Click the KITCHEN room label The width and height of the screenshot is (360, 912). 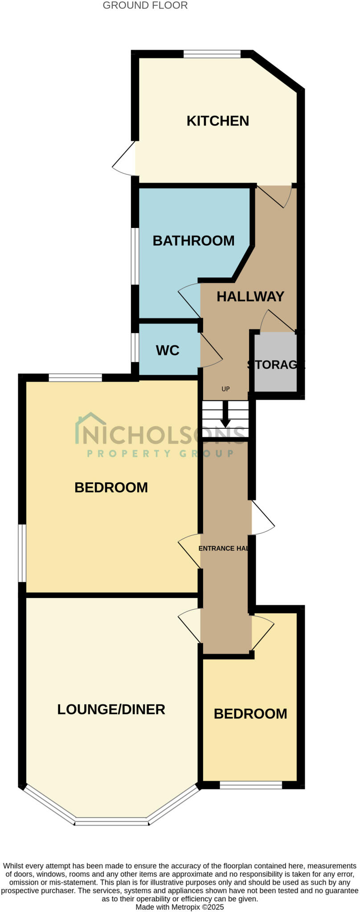pyautogui.click(x=217, y=121)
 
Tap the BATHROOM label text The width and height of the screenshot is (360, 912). pyautogui.click(x=193, y=240)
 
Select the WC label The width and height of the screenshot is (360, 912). pyautogui.click(x=168, y=350)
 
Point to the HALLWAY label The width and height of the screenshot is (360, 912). pyautogui.click(x=250, y=296)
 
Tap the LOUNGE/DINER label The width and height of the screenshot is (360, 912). pyautogui.click(x=111, y=709)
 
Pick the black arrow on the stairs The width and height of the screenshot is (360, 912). pyautogui.click(x=226, y=414)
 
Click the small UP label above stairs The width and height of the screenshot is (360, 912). pyautogui.click(x=226, y=389)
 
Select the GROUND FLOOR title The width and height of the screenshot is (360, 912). pyautogui.click(x=145, y=5)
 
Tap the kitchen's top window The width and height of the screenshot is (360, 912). pyautogui.click(x=212, y=54)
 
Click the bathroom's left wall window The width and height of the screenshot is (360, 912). pyautogui.click(x=135, y=256)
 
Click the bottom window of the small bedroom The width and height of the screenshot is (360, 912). pyautogui.click(x=251, y=785)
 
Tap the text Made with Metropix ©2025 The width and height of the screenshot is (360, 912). pyautogui.click(x=180, y=907)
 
